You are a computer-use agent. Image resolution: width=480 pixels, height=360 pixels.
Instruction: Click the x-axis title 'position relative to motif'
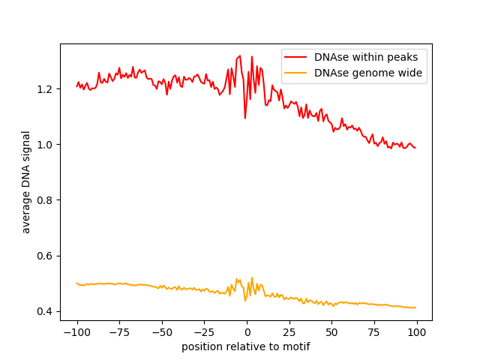246,347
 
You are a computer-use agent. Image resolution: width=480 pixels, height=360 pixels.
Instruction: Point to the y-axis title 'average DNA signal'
26,182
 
